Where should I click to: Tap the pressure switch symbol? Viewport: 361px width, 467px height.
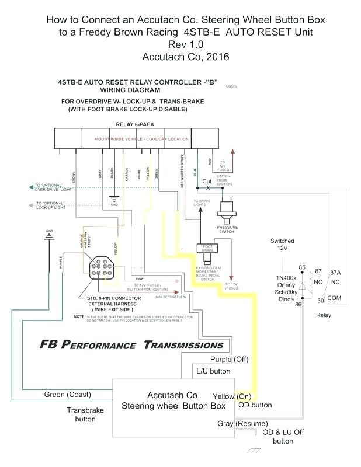pos(227,208)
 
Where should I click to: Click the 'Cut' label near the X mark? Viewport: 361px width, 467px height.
pos(207,182)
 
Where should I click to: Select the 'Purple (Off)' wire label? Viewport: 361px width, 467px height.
pos(229,359)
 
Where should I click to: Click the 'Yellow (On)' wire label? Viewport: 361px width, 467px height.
pos(232,396)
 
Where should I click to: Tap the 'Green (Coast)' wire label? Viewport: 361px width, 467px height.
pos(67,395)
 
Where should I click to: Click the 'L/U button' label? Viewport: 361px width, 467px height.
pos(213,371)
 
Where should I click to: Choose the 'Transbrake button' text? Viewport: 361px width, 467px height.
pos(85,414)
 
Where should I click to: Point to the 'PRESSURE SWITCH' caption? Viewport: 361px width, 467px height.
pos(227,229)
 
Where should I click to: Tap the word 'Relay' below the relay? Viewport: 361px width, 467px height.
pos(323,315)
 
